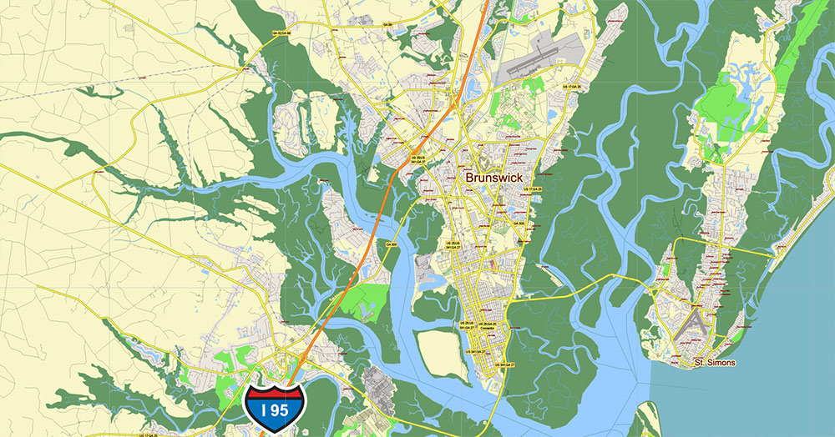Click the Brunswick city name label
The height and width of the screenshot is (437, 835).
[x=493, y=178]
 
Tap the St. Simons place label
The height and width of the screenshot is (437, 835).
[x=716, y=363]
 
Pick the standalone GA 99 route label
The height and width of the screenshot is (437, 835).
[x=388, y=27]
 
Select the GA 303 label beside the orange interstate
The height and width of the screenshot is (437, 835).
[x=391, y=244]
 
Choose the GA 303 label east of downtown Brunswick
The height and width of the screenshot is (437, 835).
[x=519, y=224]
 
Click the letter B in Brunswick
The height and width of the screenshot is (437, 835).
[x=468, y=178]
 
